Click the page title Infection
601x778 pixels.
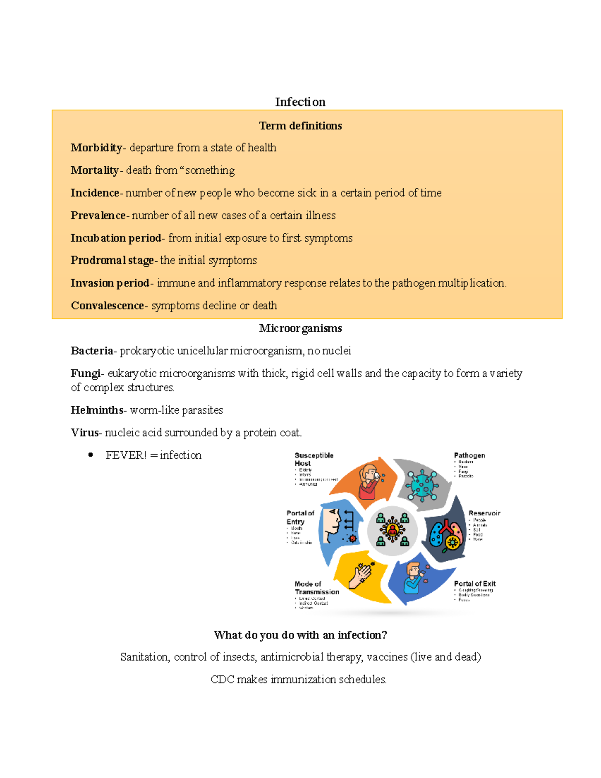300,102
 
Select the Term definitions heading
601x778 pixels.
300,126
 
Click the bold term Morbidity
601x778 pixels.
96,148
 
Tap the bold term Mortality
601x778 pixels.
94,170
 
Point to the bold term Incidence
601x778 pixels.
95,193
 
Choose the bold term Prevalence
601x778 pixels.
98,215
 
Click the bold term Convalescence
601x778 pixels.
107,306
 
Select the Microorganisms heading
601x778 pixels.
300,328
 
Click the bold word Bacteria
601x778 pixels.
92,351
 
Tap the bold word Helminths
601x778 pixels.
97,410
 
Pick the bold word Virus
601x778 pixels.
85,433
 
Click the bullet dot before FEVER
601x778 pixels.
91,455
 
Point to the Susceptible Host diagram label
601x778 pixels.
314,459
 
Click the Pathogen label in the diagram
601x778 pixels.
469,455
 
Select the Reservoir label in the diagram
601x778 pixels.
484,513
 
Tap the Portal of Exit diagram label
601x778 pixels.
474,584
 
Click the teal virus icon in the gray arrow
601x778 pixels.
422,485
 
